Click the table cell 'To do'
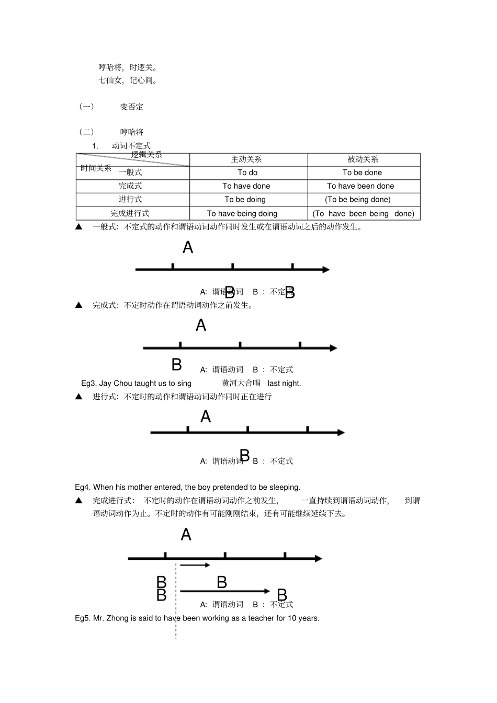tap(247, 172)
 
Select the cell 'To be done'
tap(362, 172)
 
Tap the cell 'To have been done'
tap(360, 186)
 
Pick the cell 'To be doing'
tap(245, 200)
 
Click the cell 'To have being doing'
tap(242, 213)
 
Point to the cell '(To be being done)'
tap(357, 200)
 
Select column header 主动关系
tap(246, 159)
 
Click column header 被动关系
tap(363, 159)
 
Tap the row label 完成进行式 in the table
tap(129, 213)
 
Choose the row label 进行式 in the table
tap(130, 200)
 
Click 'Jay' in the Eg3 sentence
tap(105, 383)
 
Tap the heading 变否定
tap(131, 107)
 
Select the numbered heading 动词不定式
tap(131, 146)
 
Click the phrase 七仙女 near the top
tap(110, 80)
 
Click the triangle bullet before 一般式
tap(79, 227)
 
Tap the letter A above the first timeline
tap(188, 247)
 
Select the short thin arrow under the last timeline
tap(195, 565)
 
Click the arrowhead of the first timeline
tap(326, 270)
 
